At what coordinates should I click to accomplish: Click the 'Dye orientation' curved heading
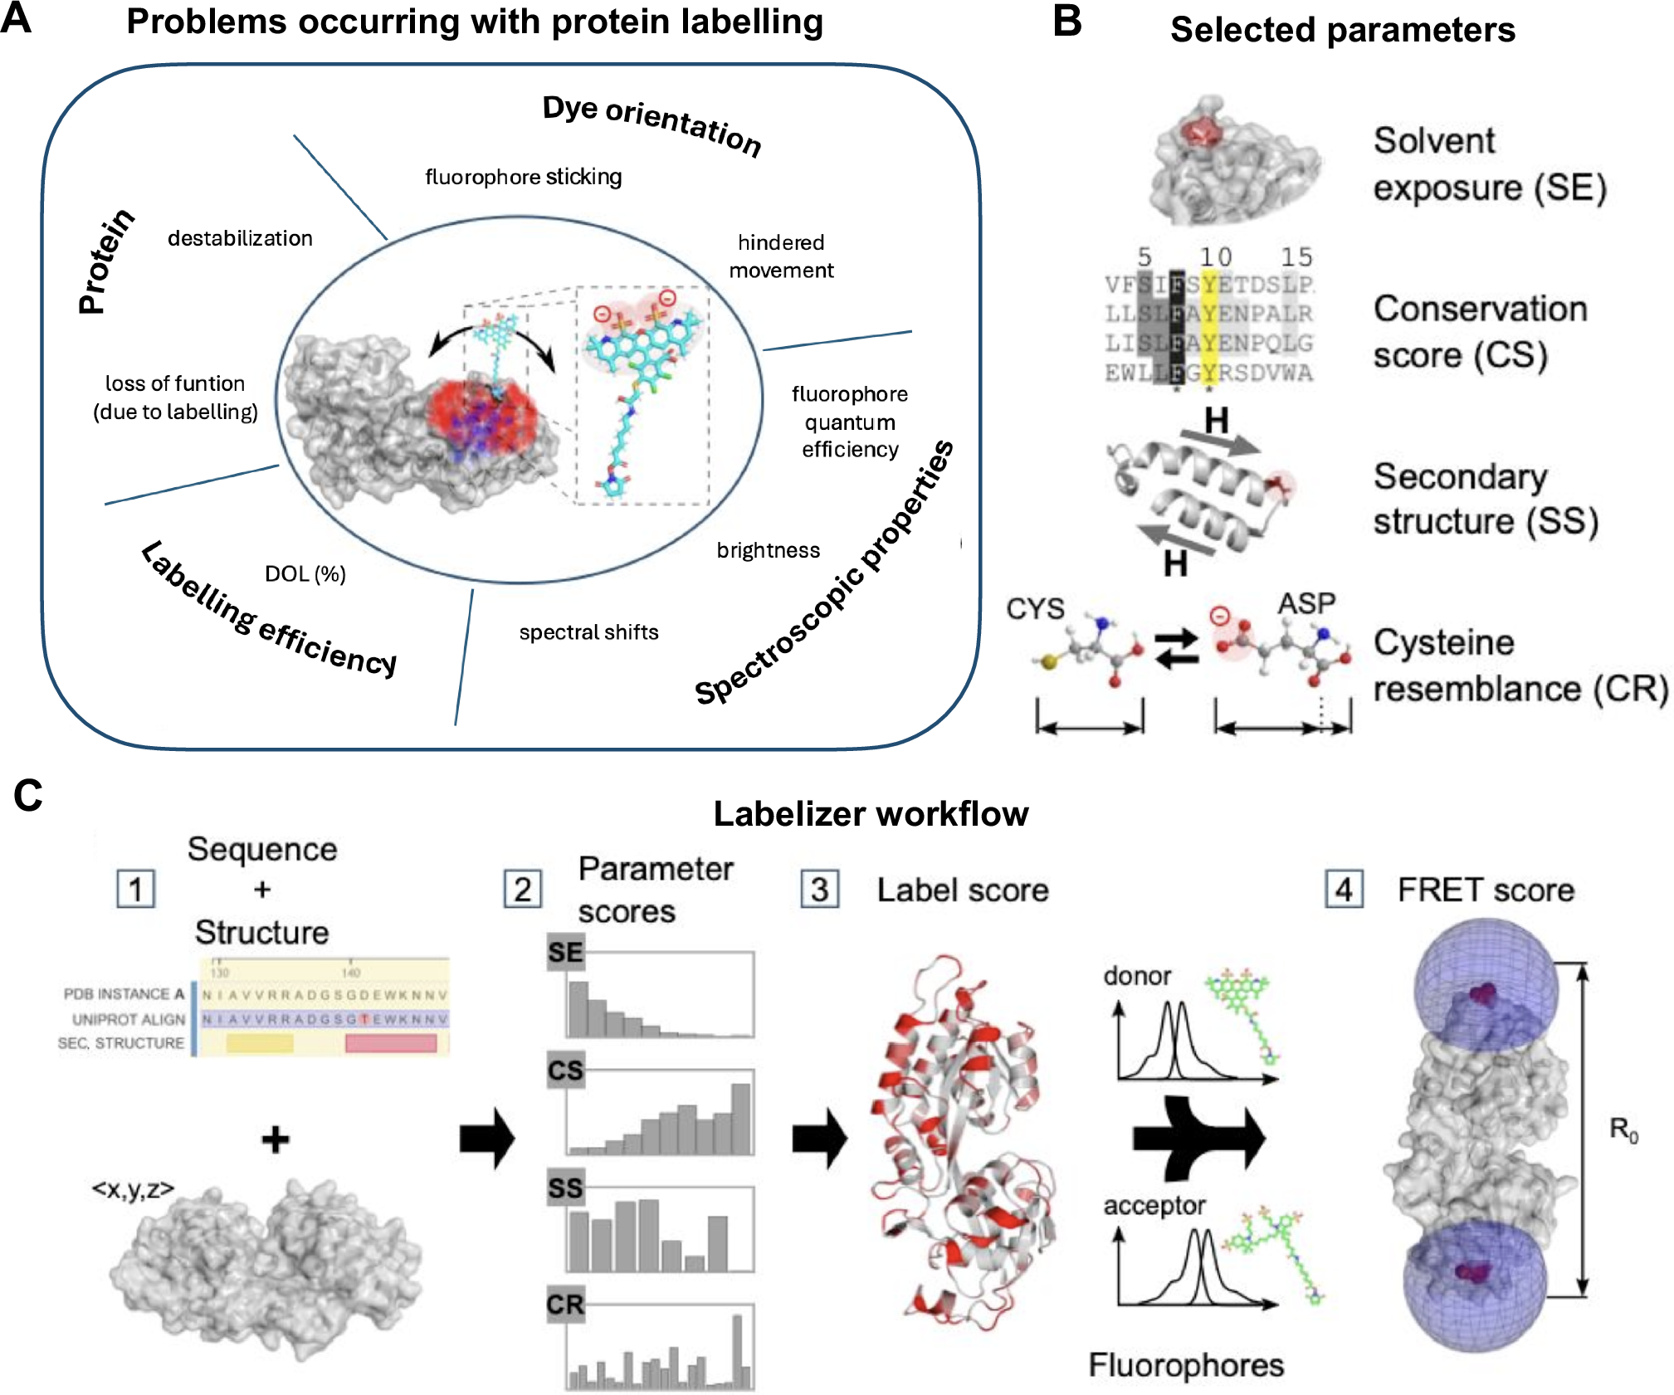[652, 124]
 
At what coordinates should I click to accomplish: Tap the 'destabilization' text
[240, 238]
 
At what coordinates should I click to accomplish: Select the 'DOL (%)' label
[305, 573]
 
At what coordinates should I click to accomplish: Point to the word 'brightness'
[768, 550]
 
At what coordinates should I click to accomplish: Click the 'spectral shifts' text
[588, 632]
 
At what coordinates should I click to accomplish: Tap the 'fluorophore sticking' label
[523, 177]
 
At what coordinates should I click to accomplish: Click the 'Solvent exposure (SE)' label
[1489, 164]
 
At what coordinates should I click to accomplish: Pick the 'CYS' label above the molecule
[1034, 609]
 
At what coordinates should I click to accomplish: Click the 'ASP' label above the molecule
[1306, 603]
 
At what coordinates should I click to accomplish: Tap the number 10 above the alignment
[1214, 257]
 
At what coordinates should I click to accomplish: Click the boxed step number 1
[136, 890]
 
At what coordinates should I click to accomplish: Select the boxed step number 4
[1344, 890]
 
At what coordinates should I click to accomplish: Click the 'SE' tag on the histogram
[565, 952]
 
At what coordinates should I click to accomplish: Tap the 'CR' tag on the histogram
[565, 1305]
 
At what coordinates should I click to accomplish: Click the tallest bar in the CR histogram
[736, 1351]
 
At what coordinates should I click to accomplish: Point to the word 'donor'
[1136, 976]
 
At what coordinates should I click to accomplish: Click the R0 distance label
[1623, 1129]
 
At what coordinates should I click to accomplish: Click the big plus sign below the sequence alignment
[276, 1139]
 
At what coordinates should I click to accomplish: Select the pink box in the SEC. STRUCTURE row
[391, 1043]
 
